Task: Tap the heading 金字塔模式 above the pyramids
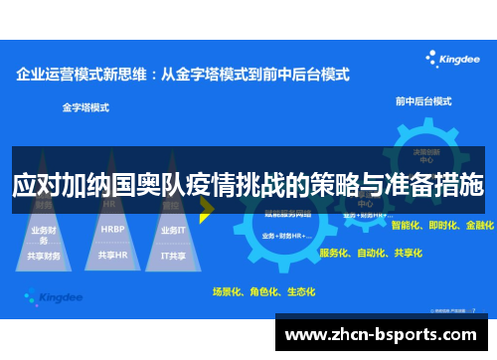pyautogui.click(x=85, y=105)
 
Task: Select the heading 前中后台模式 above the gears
pyautogui.click(x=422, y=100)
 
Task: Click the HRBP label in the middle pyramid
pyautogui.click(x=112, y=228)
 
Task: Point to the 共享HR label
pyautogui.click(x=112, y=255)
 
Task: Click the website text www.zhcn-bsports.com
pyautogui.click(x=386, y=333)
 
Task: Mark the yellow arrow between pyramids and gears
pyautogui.click(x=208, y=209)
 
